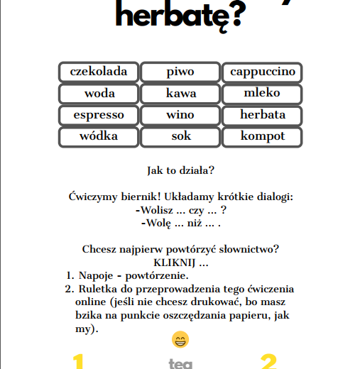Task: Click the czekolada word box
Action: tap(99, 72)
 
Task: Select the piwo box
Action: tap(180, 72)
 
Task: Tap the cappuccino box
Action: tap(262, 72)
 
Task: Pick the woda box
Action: tap(99, 94)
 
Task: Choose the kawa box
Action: tap(180, 94)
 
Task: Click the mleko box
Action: tap(262, 94)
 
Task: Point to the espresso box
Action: tap(99, 115)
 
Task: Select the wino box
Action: tap(180, 115)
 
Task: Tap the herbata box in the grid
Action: tap(262, 115)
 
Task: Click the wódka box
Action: tap(99, 136)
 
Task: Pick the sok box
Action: tap(180, 136)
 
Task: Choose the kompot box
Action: tap(262, 136)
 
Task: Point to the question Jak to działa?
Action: tap(180, 171)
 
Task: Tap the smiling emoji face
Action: tap(180, 340)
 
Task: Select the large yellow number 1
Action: tap(79, 362)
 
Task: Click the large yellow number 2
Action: tap(268, 362)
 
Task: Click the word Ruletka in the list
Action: tap(100, 289)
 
